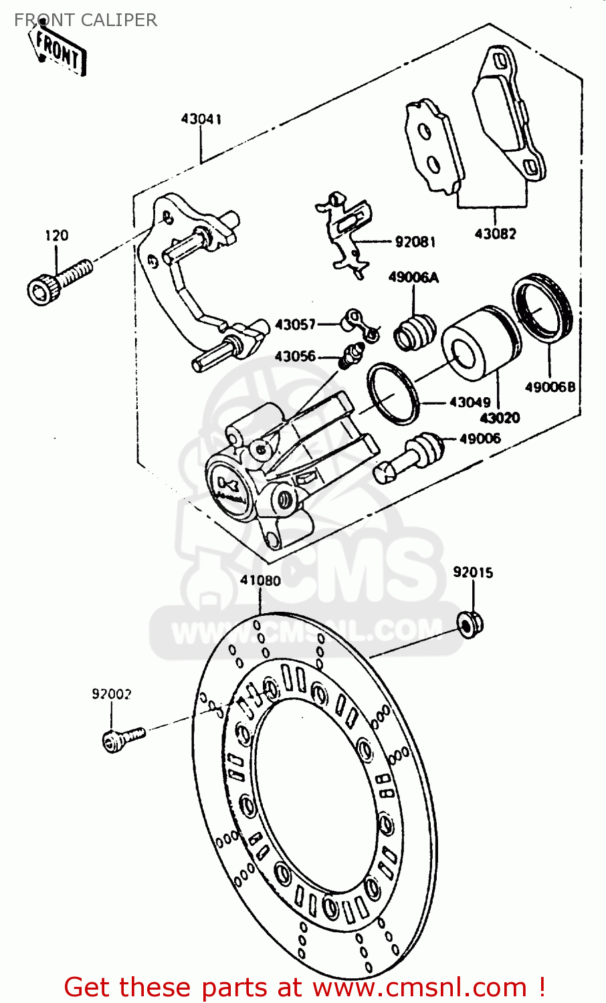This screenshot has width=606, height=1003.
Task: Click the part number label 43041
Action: [201, 119]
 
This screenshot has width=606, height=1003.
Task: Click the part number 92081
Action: [415, 241]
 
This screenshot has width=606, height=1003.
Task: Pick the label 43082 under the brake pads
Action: [495, 233]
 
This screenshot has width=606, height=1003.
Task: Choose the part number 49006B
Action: [550, 386]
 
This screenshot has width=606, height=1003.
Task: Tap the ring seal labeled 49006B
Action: [543, 308]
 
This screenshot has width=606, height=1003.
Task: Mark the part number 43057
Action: [295, 324]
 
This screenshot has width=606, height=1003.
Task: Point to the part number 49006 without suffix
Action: [480, 439]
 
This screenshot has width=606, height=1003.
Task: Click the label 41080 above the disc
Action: [260, 580]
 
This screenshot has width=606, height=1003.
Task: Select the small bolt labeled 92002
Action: [122, 738]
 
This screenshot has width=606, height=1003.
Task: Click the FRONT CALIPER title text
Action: [86, 20]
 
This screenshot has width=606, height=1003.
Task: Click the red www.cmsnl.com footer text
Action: [304, 987]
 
